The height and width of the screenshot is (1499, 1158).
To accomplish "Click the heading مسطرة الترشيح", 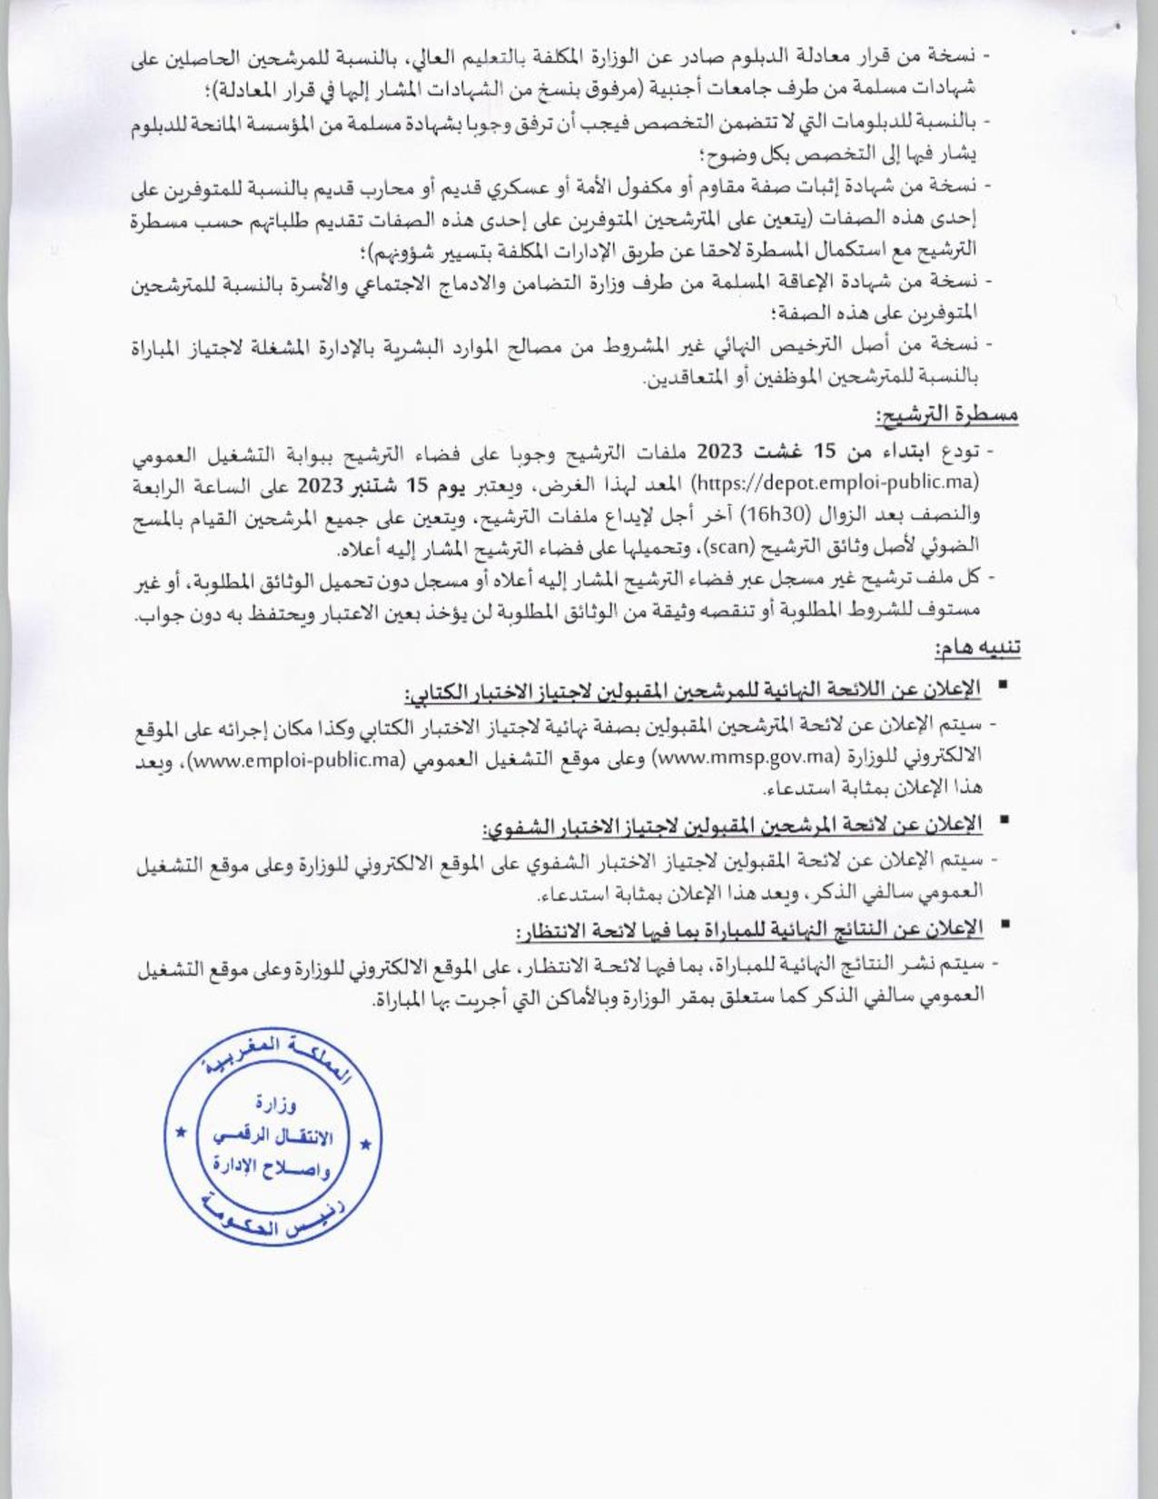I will (946, 417).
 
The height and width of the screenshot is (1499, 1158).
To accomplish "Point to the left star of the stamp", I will (180, 1132).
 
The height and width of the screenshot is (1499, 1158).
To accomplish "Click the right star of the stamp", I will (365, 1143).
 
